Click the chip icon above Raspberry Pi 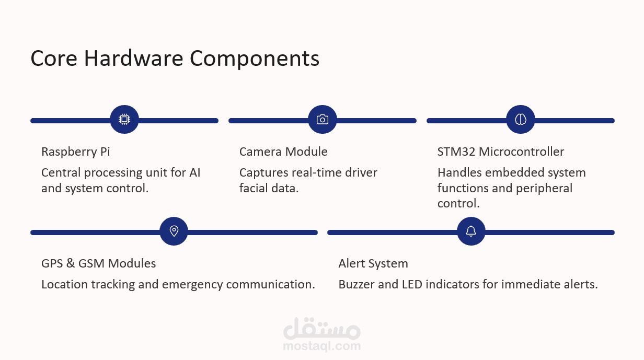(124, 120)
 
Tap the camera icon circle (323, 120)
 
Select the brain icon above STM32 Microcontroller (521, 120)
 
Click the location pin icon (174, 231)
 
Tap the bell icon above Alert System (471, 231)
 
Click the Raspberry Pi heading (76, 152)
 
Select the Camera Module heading (283, 152)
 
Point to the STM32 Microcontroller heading (501, 152)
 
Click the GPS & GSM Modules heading (98, 263)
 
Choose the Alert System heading (373, 263)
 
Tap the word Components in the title (255, 58)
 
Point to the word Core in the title (54, 58)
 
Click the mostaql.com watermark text (321, 345)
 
